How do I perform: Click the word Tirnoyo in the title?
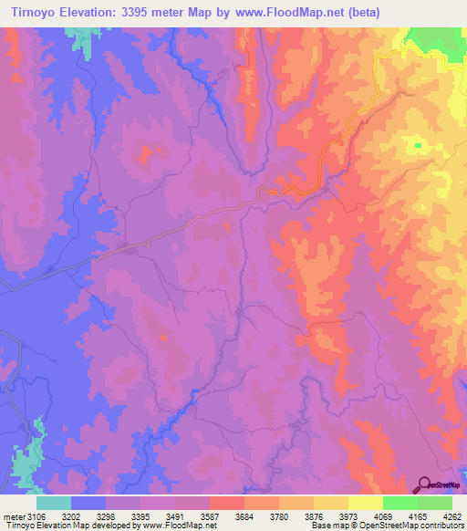pyautogui.click(x=27, y=12)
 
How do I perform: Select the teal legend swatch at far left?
pyautogui.click(x=53, y=503)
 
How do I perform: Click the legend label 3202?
pyautogui.click(x=88, y=518)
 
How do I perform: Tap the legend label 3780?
pyautogui.click(x=297, y=518)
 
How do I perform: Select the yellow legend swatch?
pyautogui.click(x=366, y=503)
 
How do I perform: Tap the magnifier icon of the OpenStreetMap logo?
pyautogui.click(x=424, y=484)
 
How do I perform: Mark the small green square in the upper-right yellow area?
pyautogui.click(x=419, y=144)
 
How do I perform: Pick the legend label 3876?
pyautogui.click(x=332, y=518)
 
